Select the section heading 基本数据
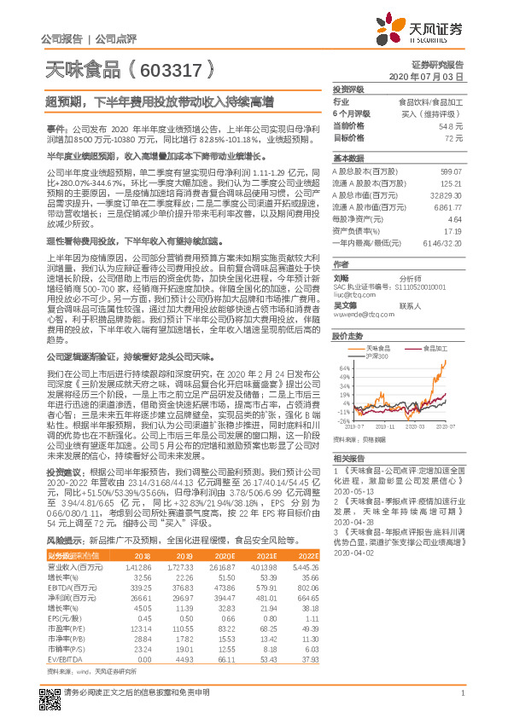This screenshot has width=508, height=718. (348, 159)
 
